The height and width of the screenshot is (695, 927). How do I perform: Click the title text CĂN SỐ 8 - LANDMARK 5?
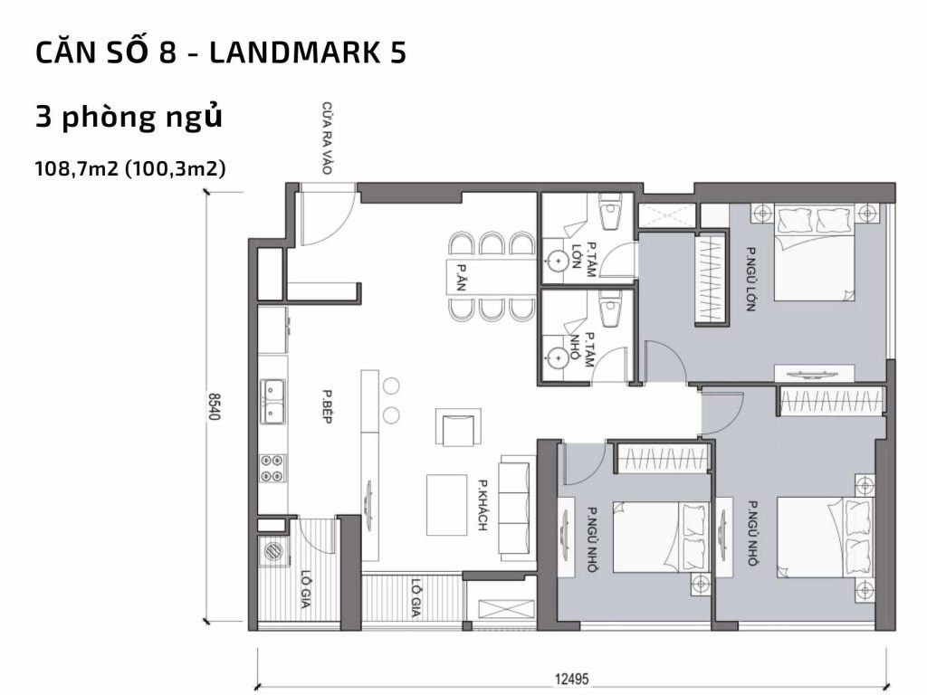pyautogui.click(x=220, y=53)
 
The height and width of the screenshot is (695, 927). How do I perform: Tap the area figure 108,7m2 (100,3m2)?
pyautogui.click(x=129, y=168)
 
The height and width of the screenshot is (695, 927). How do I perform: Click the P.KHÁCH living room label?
pyautogui.click(x=484, y=504)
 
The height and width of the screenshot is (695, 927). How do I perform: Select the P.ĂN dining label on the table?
pyautogui.click(x=462, y=273)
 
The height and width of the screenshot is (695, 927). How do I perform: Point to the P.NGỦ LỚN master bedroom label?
pyautogui.click(x=750, y=279)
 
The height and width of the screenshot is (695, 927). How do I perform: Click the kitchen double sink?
pyautogui.click(x=272, y=402)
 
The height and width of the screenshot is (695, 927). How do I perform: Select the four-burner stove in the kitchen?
pyautogui.click(x=272, y=467)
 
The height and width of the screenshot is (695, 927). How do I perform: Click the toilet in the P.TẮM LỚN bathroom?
pyautogui.click(x=610, y=214)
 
